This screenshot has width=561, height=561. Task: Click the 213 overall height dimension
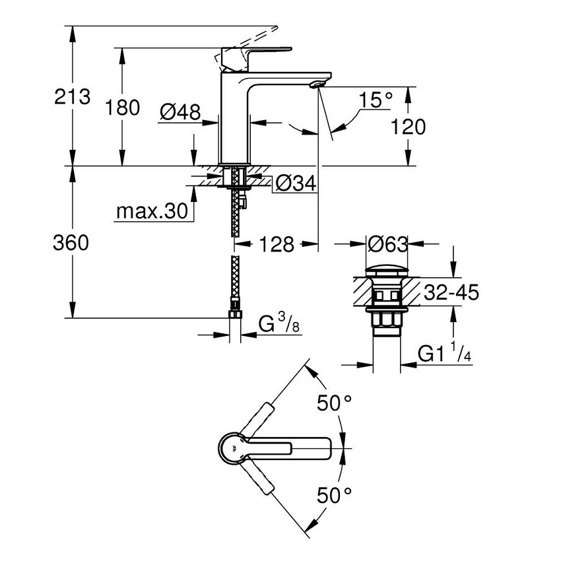(x=73, y=96)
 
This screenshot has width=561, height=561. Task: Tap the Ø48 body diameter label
(x=180, y=113)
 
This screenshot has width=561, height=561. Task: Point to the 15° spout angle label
(x=376, y=100)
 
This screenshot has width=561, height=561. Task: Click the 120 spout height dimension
(x=408, y=127)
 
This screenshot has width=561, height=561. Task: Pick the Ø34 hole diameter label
(x=294, y=183)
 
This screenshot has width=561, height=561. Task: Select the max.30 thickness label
(x=151, y=212)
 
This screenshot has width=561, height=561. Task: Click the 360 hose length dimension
(x=71, y=243)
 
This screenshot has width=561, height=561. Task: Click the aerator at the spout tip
(x=318, y=84)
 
